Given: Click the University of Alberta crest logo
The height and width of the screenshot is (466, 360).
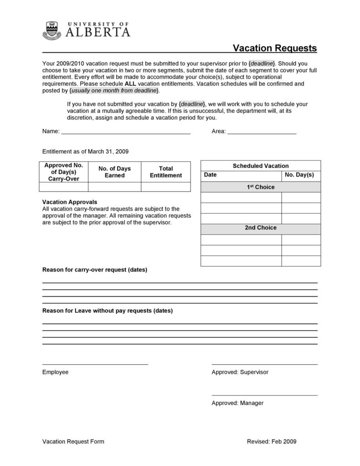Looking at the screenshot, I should coord(51,31).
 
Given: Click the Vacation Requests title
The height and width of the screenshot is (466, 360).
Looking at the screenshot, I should coord(275,48).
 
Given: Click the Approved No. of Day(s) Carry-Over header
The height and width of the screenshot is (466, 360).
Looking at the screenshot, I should coord(64,172).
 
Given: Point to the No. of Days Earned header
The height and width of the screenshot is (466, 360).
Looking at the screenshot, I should coord(114,172).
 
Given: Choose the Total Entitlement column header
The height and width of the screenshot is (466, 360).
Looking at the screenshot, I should coord(165,172).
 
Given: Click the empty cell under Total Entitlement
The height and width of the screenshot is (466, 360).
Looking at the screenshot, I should coord(165,187).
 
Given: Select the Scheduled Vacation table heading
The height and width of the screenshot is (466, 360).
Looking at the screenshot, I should coord(261,166).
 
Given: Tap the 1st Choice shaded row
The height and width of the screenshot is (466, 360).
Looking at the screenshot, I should coord(261,187).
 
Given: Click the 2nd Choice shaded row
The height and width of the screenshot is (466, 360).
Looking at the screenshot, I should coord(261,228).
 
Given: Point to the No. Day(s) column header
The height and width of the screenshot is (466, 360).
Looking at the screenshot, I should coord(299,175).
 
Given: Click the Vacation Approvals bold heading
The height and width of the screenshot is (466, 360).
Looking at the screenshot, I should coord(70,202).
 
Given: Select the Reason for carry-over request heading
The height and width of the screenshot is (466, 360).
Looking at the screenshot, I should coord(95,269).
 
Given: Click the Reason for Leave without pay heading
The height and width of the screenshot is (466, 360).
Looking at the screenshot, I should coord(108,311).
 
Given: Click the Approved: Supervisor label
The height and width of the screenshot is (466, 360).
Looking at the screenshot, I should coord(240,372).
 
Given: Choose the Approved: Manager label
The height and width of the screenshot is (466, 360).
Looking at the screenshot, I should coord(237,403).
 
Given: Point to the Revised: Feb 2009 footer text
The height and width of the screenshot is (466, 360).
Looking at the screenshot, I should coord(272,441).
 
